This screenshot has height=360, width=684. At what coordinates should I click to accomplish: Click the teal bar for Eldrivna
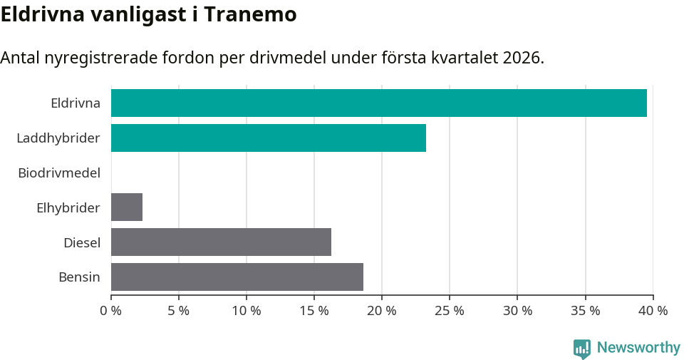378,103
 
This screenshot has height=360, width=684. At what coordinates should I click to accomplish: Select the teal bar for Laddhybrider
268,138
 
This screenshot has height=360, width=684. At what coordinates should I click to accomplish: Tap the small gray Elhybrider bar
127,207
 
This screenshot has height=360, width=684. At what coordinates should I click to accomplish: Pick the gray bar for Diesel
221,242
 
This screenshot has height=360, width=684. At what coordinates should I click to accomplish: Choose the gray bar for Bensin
237,277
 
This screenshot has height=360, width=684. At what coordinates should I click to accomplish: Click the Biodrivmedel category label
59,173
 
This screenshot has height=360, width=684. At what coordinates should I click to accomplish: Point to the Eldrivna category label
75,103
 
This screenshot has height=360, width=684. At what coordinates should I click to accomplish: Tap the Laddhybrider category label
58,138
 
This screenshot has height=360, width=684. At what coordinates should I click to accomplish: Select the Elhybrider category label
68,207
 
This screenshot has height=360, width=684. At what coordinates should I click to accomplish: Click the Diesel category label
81,242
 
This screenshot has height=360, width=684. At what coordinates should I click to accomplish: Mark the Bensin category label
79,277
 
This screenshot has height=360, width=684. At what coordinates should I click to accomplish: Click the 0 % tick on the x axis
111,311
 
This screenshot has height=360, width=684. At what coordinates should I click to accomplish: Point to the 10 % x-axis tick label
247,311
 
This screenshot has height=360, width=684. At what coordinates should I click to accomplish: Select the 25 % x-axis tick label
450,311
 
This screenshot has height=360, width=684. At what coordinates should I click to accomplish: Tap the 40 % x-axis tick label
653,311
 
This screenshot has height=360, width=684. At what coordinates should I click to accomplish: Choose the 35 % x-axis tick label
585,311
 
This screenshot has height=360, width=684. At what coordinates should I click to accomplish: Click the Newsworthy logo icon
582,348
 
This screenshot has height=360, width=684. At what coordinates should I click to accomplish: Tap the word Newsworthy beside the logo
638,348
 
